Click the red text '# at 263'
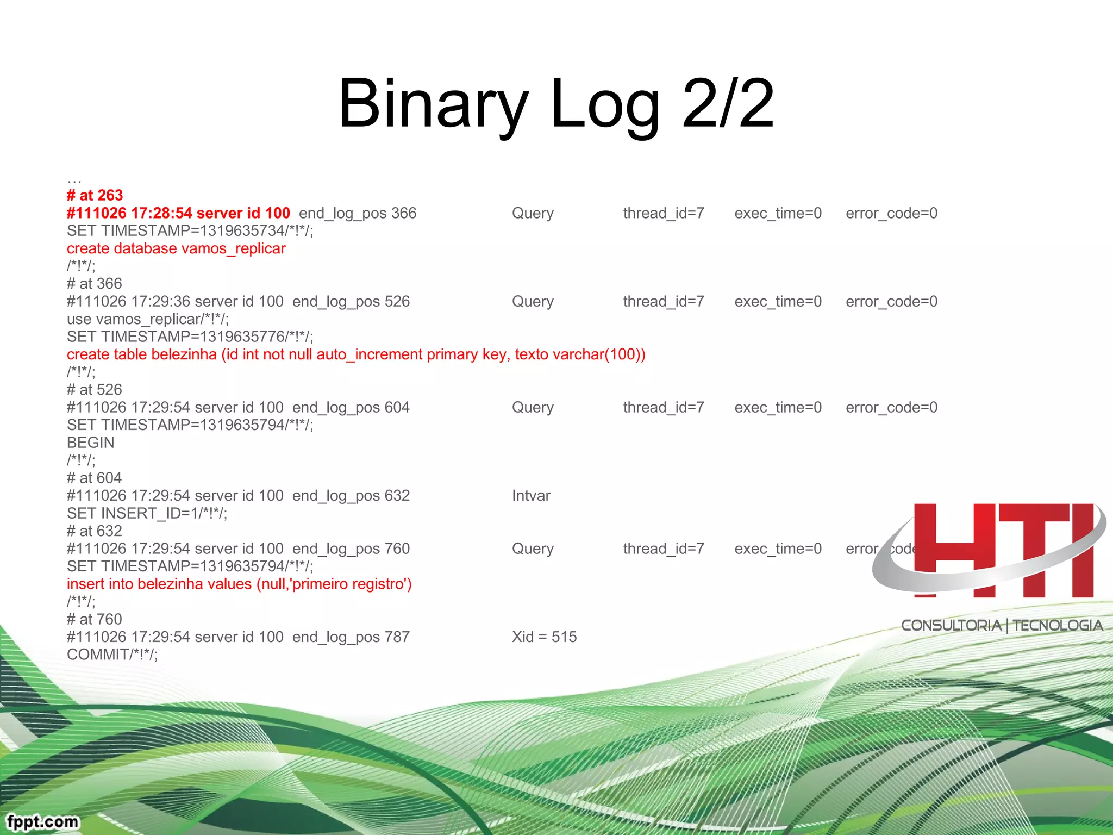click(x=95, y=195)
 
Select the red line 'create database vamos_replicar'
click(x=176, y=248)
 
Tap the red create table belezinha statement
click(x=356, y=354)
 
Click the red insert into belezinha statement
click(x=239, y=584)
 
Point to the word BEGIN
click(x=90, y=443)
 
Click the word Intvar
click(x=531, y=496)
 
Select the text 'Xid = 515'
click(x=544, y=637)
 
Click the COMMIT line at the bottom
click(x=112, y=655)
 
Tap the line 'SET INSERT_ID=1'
click(x=147, y=513)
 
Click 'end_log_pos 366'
click(x=358, y=213)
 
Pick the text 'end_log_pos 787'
click(x=351, y=637)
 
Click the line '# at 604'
click(x=94, y=478)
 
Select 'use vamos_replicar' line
click(x=148, y=319)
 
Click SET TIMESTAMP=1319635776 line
click(x=190, y=337)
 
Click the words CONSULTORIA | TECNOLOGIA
click(x=1002, y=625)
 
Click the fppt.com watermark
click(x=42, y=821)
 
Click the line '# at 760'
click(x=94, y=619)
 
